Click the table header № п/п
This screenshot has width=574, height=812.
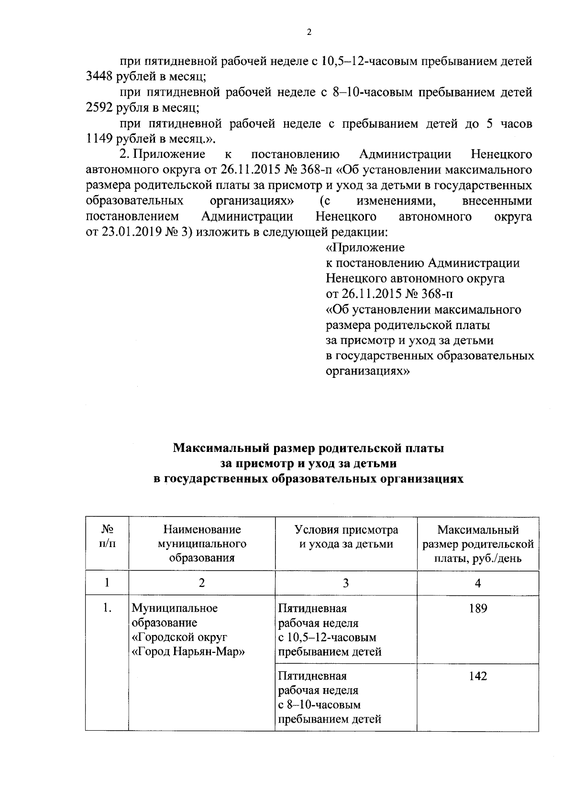click(107, 537)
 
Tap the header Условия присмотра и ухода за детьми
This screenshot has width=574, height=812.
click(346, 537)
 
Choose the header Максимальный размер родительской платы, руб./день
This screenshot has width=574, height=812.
click(478, 544)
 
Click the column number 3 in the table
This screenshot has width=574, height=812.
click(346, 583)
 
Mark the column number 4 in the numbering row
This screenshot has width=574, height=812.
click(478, 583)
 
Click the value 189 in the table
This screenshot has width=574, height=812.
click(478, 609)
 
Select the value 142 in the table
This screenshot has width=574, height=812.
click(478, 676)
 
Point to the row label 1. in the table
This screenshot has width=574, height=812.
click(107, 609)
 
